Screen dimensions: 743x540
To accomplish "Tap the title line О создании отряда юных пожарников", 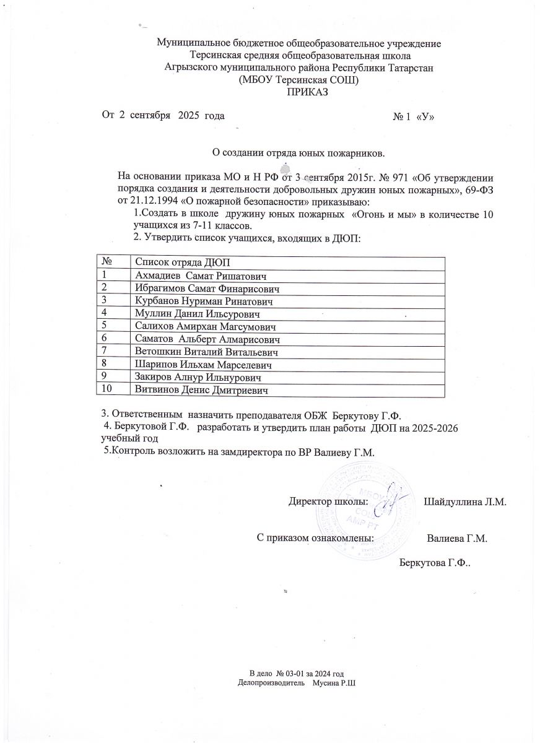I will pos(298,152).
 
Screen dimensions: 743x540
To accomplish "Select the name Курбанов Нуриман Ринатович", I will pos(204,302).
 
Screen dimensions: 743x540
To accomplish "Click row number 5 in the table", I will pos(105,326).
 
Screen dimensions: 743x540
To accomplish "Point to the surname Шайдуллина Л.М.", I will pos(465,501).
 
